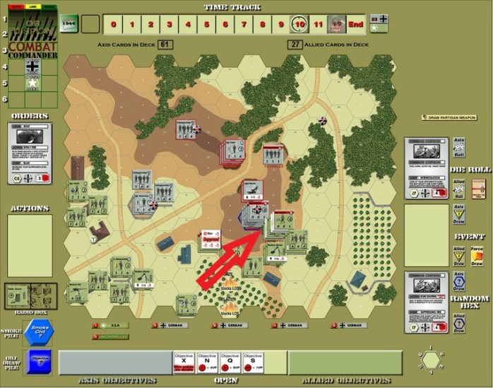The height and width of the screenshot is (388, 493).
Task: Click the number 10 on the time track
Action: click(300, 24)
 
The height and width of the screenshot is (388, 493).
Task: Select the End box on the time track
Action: click(355, 24)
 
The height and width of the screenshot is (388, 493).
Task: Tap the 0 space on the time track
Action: click(113, 24)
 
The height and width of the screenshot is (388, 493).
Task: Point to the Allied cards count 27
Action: click(295, 45)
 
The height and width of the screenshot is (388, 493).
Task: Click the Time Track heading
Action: click(232, 7)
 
